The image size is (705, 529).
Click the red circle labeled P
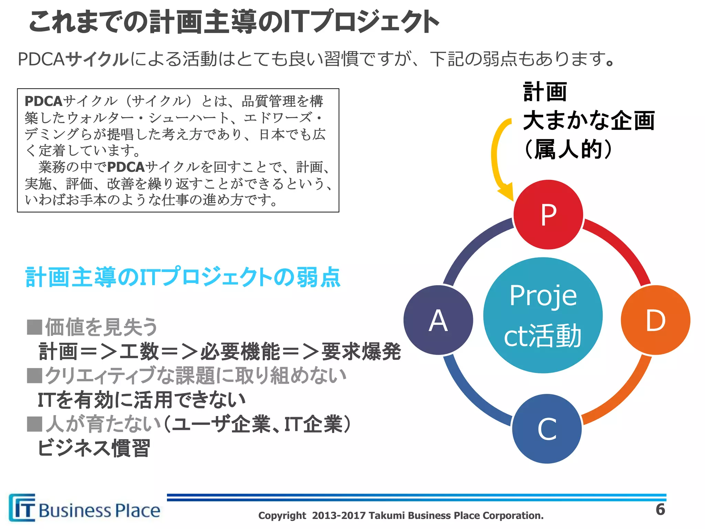click(x=548, y=215)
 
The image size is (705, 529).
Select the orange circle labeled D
click(x=655, y=320)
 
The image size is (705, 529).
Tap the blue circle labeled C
click(x=547, y=429)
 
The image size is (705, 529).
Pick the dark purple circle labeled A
click(x=438, y=320)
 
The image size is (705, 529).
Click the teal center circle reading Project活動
click(x=543, y=315)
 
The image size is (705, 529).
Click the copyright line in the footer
click(x=401, y=516)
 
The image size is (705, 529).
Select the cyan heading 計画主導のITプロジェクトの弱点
click(x=183, y=277)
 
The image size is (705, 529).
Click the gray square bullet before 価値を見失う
click(x=34, y=327)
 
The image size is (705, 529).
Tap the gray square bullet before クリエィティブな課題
click(x=34, y=375)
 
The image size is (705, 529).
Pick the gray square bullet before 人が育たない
click(x=34, y=424)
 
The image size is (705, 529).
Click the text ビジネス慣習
click(x=94, y=448)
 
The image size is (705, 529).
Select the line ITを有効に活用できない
click(x=141, y=400)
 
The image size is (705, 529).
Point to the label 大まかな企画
click(x=589, y=121)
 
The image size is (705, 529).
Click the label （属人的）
click(x=568, y=149)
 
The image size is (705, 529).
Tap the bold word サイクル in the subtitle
click(x=97, y=59)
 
